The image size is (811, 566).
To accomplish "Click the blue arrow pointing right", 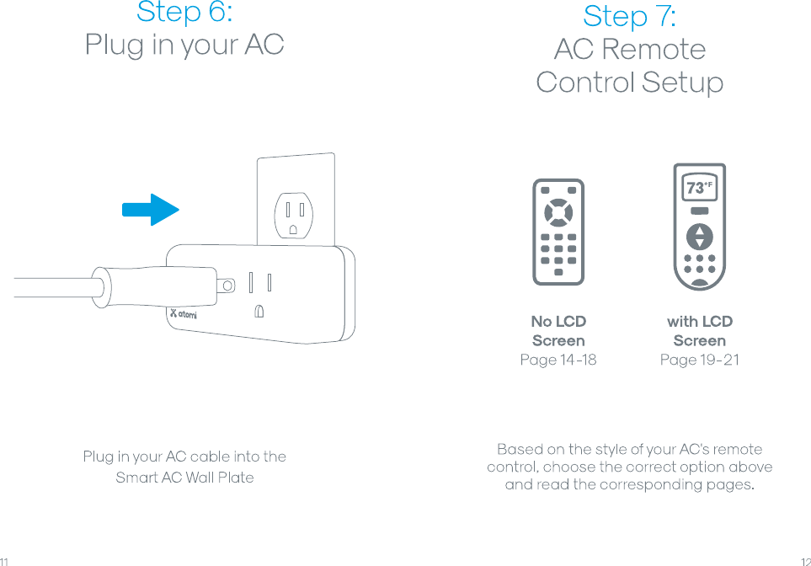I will coord(150,210).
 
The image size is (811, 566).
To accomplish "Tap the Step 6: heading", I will coord(184,13).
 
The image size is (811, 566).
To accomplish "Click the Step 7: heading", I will coord(629,16).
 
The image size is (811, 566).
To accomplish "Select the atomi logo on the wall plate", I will coord(183,313).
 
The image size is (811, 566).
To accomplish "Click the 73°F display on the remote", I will coord(699,189).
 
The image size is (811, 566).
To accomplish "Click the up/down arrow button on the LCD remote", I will coord(699,235).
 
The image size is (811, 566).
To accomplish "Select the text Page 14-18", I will coord(558,360).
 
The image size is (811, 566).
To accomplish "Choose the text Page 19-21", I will coord(699,360).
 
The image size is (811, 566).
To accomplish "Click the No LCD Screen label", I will coord(558,331).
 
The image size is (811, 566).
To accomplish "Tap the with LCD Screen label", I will coord(699,331).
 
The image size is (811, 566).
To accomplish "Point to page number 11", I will coord(5,560).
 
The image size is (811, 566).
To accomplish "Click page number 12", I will coord(805,560).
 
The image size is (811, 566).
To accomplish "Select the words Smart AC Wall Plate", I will coord(184,478).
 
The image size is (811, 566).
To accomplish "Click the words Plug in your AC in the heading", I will coord(184,45).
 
